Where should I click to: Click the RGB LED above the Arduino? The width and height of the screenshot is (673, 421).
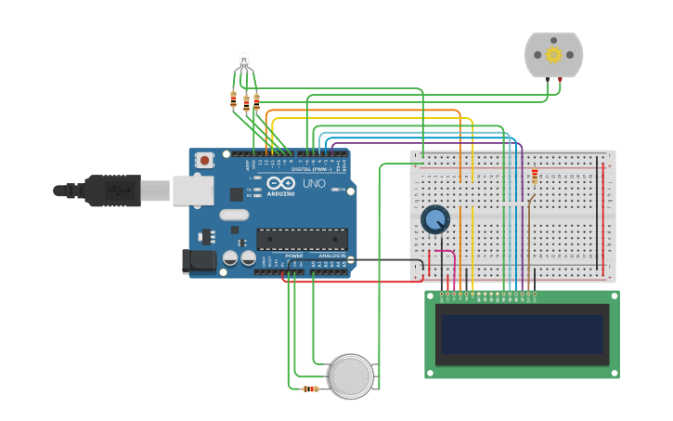243,62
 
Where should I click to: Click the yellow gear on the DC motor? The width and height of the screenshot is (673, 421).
554,54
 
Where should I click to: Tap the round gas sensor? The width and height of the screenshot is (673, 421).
352,376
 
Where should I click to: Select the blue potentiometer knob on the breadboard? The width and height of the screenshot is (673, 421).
434,219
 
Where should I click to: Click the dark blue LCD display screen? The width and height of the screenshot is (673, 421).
522,335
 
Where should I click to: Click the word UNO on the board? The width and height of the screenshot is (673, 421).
314,183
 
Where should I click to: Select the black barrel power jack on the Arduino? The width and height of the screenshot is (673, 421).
199,261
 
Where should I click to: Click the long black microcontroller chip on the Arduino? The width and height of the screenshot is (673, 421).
302,239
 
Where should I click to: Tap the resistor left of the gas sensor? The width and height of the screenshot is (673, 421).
310,388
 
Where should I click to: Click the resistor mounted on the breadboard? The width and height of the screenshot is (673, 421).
535,176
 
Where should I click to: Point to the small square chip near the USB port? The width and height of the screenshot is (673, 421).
237,194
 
